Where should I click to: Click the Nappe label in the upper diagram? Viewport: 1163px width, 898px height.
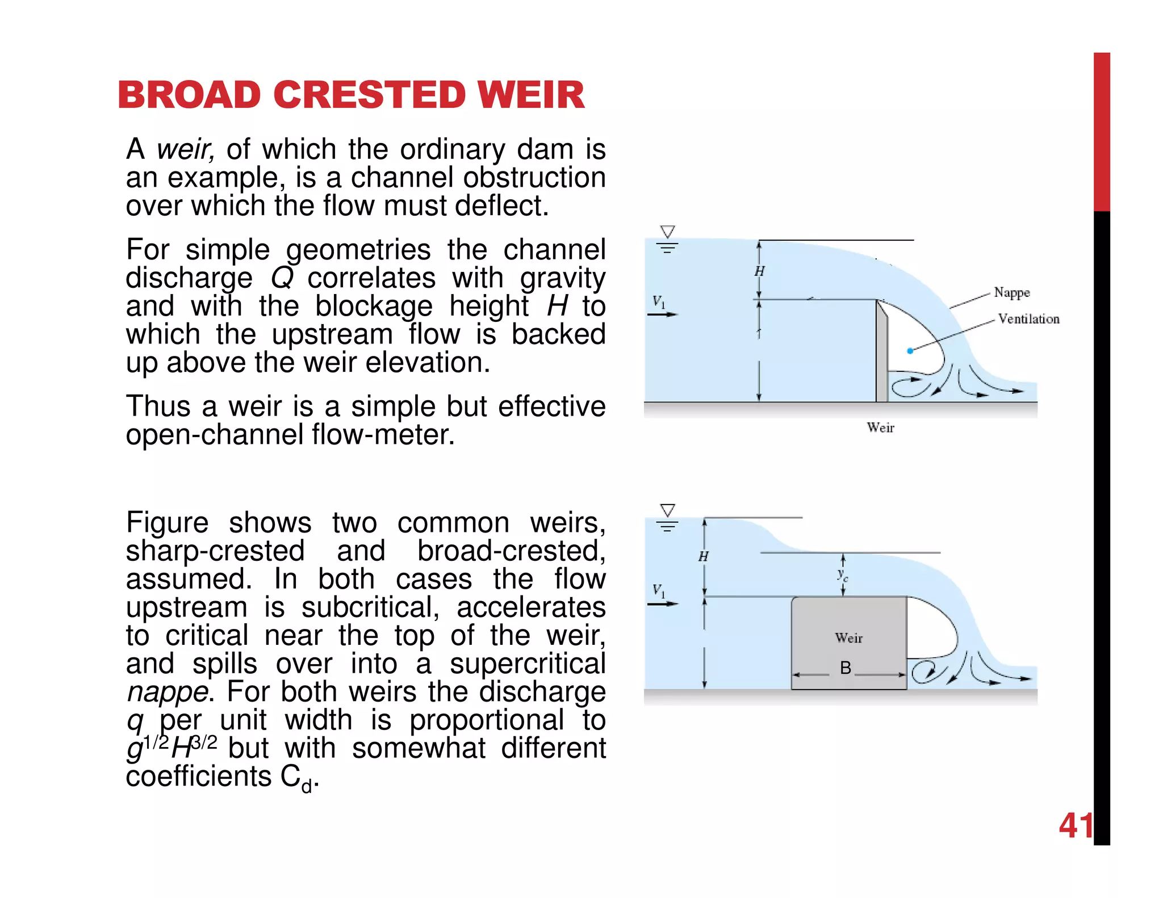point(1011,292)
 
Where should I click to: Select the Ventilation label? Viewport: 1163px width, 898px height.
point(1028,319)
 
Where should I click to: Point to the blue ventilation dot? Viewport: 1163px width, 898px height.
point(910,351)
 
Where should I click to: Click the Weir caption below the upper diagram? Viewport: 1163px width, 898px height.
point(880,428)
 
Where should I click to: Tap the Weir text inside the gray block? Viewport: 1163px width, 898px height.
point(848,638)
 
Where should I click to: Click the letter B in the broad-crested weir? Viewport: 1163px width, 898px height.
point(845,668)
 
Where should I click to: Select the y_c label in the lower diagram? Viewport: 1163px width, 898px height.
point(843,575)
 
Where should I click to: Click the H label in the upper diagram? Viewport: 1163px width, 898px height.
point(759,271)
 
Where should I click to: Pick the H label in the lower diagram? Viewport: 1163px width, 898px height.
point(703,557)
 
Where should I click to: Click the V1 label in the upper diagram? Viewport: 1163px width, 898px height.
point(658,301)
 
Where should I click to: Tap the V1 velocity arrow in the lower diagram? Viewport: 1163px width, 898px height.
point(663,604)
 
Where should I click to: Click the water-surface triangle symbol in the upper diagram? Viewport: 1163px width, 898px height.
point(667,232)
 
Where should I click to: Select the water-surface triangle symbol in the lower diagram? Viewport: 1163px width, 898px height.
point(667,510)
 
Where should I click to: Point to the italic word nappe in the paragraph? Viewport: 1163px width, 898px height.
point(167,692)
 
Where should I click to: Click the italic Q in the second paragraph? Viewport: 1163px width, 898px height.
point(282,278)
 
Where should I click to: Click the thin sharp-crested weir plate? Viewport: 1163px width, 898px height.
point(881,352)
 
